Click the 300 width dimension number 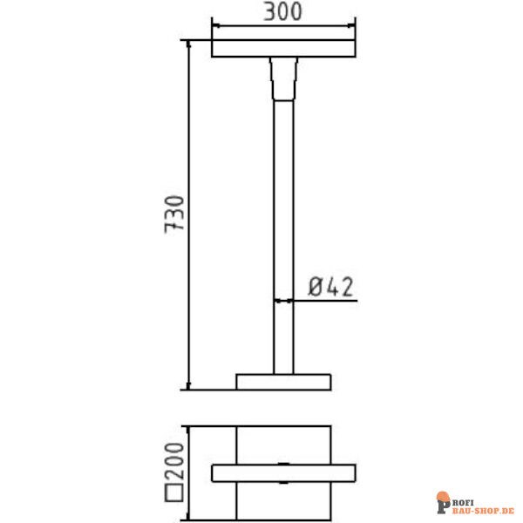click(282, 12)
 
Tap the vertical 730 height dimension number click(175, 214)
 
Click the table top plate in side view click(283, 49)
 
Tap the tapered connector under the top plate click(283, 78)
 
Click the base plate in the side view click(283, 381)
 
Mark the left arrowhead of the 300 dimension click(215, 25)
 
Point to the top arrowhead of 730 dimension click(189, 44)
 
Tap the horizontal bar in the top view click(283, 472)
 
